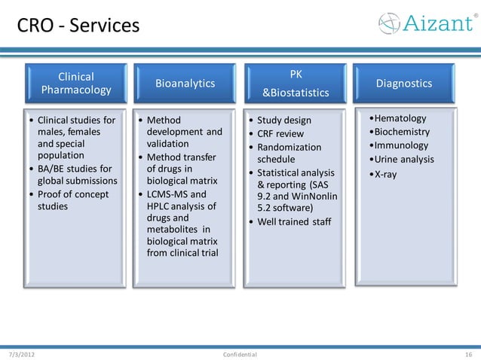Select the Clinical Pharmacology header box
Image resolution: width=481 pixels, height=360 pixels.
coord(76,83)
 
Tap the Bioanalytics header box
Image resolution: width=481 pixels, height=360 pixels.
coord(185,83)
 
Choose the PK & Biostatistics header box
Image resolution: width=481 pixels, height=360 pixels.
coord(296,84)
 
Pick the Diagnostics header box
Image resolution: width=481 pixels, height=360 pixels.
coord(403,83)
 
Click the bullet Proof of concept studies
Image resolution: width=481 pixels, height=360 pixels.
coord(72,200)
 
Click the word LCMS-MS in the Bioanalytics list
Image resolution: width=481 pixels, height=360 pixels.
coord(166,194)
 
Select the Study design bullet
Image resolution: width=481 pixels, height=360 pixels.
coord(283,121)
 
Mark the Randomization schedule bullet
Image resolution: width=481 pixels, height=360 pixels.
coord(289,153)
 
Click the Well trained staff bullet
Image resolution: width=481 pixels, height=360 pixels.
coord(293,221)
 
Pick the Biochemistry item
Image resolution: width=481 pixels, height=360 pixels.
coord(402,132)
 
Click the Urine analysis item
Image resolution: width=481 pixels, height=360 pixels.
coord(404,159)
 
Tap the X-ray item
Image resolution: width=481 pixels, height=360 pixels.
coord(385,174)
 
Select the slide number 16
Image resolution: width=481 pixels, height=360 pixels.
coord(468,354)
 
